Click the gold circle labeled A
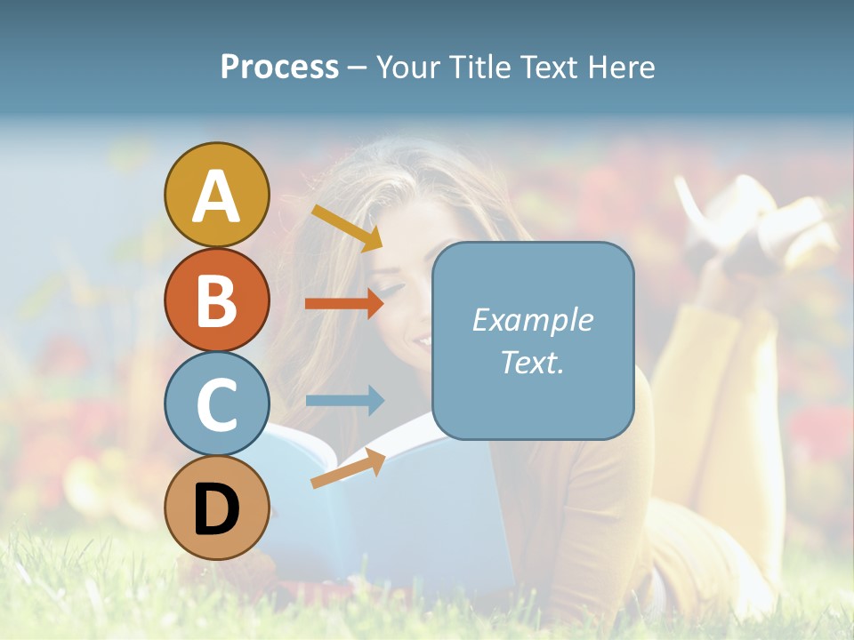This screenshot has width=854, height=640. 216,195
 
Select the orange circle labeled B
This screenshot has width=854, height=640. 216,300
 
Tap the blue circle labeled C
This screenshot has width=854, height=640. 216,404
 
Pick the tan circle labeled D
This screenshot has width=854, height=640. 216,508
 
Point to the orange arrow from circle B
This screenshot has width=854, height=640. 344,304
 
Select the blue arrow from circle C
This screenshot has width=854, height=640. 344,400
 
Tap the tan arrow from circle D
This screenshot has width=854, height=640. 348,468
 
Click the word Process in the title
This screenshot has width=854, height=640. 279,68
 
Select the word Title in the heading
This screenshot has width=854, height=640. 475,68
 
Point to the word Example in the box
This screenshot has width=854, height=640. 532,320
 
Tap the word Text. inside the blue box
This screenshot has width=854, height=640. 532,362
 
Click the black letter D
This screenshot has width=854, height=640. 216,510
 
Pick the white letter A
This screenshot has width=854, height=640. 216,196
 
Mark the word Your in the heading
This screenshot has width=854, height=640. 408,68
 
